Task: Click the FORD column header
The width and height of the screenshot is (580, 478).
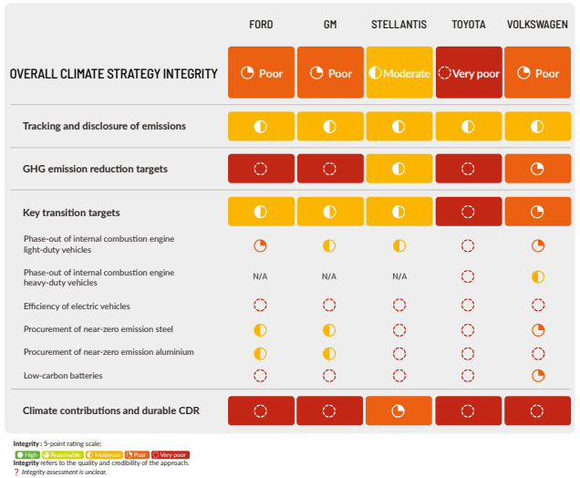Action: click(x=261, y=24)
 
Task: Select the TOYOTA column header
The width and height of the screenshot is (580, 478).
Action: click(x=468, y=24)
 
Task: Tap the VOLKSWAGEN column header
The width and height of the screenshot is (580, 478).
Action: click(x=537, y=24)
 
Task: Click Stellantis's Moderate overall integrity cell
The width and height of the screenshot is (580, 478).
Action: click(x=399, y=73)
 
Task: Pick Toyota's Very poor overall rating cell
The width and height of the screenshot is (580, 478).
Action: click(x=468, y=73)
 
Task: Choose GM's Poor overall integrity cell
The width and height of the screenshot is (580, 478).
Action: click(x=329, y=73)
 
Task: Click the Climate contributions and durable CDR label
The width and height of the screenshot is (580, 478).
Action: click(x=110, y=411)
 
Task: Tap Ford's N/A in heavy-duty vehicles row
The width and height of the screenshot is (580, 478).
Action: click(x=260, y=276)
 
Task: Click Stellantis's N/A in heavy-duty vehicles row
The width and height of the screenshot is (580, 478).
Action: click(x=399, y=276)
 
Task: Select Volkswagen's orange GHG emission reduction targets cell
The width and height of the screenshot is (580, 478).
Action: click(x=537, y=169)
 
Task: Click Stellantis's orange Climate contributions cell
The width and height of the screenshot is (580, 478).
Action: click(x=399, y=411)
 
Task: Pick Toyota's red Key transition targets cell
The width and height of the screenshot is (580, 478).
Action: click(x=468, y=213)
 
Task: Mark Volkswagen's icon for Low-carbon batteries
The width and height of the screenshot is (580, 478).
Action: click(x=537, y=375)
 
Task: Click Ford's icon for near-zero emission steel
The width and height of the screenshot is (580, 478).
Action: click(x=260, y=329)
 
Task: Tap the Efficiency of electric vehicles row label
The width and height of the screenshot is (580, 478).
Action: click(x=77, y=307)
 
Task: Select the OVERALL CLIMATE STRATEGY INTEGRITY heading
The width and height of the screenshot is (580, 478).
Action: click(x=113, y=73)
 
